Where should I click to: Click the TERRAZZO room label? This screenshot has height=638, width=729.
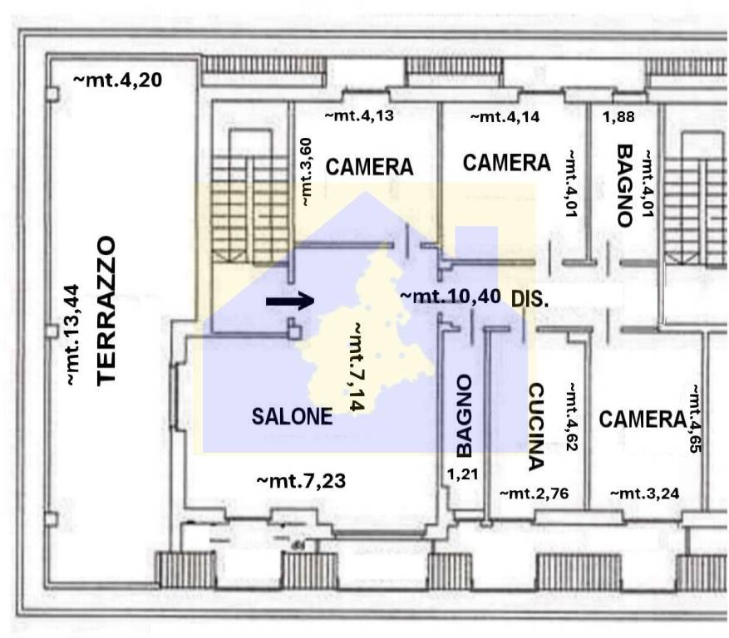[x=106, y=311]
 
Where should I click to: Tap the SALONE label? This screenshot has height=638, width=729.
[x=292, y=416]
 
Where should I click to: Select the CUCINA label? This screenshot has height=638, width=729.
[x=536, y=427]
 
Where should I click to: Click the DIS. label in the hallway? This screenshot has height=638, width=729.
[x=530, y=299]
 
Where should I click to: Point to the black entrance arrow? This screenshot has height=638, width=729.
[x=290, y=301]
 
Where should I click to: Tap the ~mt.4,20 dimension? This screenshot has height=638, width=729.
[x=118, y=80]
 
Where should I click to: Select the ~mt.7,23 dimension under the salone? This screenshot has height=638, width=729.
[x=301, y=481]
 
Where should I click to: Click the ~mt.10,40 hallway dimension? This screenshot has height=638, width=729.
[x=451, y=297]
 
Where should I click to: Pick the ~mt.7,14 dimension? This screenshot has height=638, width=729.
[x=356, y=366]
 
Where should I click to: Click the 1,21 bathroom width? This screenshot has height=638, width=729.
[x=463, y=474]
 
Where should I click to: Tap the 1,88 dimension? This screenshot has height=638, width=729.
[x=618, y=117]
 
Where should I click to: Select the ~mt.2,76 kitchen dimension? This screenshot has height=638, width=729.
[x=534, y=493]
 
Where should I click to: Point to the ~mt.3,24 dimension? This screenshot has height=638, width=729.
[x=645, y=493]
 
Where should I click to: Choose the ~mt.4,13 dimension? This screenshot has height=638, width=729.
[x=359, y=115]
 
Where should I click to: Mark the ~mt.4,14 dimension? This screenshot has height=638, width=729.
[x=505, y=116]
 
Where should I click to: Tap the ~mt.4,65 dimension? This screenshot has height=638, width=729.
[x=695, y=418]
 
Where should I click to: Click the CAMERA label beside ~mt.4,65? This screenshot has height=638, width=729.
[x=643, y=420]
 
